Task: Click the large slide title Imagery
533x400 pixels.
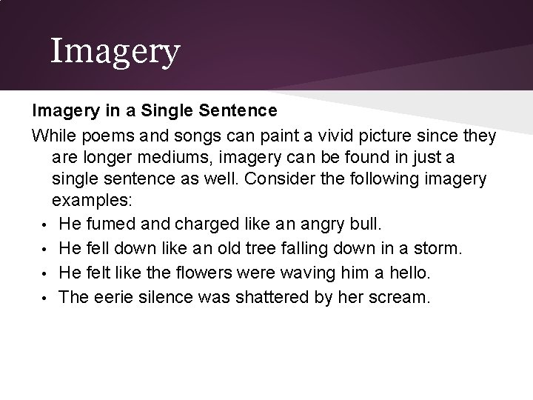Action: pos(115,51)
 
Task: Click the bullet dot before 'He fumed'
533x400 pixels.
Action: pos(44,223)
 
